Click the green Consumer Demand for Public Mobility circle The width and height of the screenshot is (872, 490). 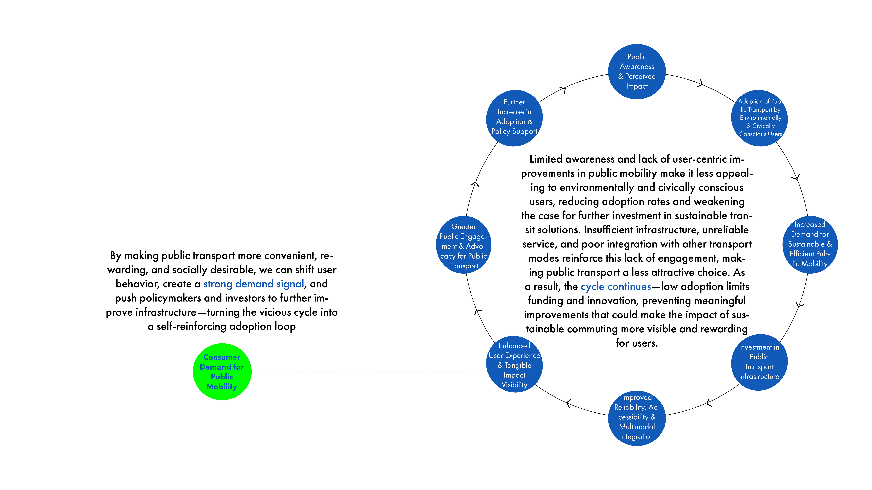click(222, 372)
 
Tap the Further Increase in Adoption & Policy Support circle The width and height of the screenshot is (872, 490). click(514, 118)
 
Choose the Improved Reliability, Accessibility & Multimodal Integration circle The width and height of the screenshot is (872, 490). click(637, 418)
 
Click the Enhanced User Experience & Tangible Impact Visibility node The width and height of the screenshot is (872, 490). click(514, 365)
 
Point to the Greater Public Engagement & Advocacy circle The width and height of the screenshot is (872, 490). click(463, 245)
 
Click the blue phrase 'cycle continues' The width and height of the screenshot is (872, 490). click(616, 286)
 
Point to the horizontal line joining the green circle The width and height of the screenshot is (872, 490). click(369, 372)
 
